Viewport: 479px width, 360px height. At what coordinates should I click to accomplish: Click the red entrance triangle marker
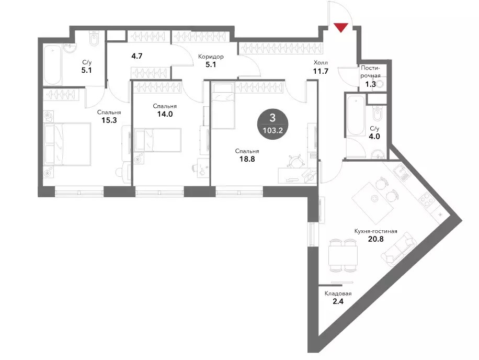(x=341, y=28)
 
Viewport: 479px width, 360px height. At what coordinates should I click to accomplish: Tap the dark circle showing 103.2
(x=272, y=125)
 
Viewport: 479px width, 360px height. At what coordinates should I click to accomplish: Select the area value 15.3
(x=109, y=120)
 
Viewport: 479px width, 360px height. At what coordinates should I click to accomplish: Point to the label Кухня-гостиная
(x=376, y=231)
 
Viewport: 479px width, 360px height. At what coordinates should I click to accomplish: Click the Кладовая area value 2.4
(x=338, y=301)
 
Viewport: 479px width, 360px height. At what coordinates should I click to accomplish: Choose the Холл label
(x=321, y=63)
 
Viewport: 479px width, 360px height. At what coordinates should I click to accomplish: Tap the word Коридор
(x=211, y=57)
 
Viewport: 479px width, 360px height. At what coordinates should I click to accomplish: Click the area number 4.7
(x=137, y=56)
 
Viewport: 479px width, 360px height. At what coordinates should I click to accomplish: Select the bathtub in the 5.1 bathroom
(x=53, y=65)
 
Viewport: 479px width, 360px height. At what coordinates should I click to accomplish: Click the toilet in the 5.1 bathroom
(x=94, y=40)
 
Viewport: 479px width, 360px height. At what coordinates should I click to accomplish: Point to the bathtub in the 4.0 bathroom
(x=355, y=116)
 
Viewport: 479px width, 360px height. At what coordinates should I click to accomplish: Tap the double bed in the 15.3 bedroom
(x=67, y=144)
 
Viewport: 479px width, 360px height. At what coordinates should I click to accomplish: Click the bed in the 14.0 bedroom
(x=157, y=140)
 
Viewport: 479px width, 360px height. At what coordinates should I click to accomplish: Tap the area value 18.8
(x=247, y=159)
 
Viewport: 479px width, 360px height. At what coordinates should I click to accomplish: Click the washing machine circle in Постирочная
(x=380, y=84)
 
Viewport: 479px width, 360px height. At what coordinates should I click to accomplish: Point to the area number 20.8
(x=376, y=239)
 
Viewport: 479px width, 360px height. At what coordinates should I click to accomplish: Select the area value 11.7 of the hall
(x=321, y=71)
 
